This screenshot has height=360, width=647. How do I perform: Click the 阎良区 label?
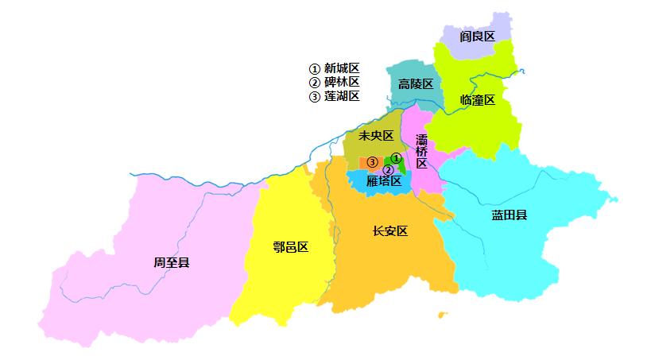[x=477, y=37]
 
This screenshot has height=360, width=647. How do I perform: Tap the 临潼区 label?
[x=477, y=100]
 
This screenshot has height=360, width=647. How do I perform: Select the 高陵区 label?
[x=416, y=84]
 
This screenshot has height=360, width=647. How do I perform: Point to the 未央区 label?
[x=376, y=136]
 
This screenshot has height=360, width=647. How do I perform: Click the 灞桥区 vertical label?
[x=421, y=151]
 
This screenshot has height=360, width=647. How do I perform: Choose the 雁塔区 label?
[x=384, y=181]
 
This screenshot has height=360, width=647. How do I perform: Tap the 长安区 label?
[x=389, y=231]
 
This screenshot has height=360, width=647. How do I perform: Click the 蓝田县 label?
[x=509, y=215]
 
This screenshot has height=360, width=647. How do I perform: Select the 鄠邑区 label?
[x=289, y=247]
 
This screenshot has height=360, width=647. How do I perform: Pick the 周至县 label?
[x=172, y=261]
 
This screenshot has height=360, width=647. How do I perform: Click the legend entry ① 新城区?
[x=334, y=68]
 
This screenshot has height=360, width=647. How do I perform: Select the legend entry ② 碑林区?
[x=334, y=82]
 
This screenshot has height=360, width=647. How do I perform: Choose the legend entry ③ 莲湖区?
[x=334, y=96]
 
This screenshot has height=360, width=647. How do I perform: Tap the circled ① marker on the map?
[x=396, y=158]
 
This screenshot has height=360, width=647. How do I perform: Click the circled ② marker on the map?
[x=388, y=169]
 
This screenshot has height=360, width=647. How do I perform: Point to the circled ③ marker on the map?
[x=371, y=163]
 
